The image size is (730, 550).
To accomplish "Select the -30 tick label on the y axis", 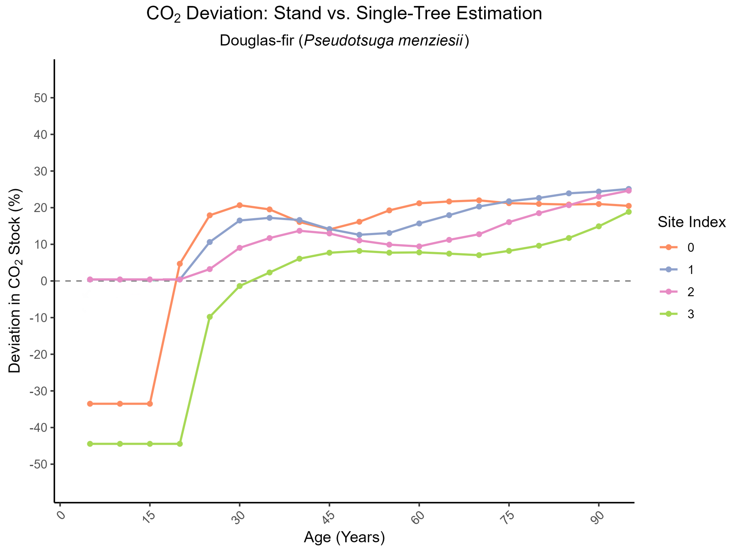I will pos(39,391).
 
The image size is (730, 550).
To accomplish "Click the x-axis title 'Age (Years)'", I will pos(344,537).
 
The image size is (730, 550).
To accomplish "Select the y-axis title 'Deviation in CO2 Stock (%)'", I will pos(15,281).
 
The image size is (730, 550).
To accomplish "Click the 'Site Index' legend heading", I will pos(692,222).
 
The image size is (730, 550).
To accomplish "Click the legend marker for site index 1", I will pos(669,270).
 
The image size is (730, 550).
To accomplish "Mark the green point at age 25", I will pos(210,317).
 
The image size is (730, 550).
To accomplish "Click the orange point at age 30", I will pos(240,205).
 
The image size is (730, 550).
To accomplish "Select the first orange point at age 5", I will pos(90,404).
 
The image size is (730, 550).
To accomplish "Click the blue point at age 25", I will pos(210,242).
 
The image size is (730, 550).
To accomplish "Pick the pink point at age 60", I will pos(419,246).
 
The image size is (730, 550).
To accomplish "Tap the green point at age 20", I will pos(180,444).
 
